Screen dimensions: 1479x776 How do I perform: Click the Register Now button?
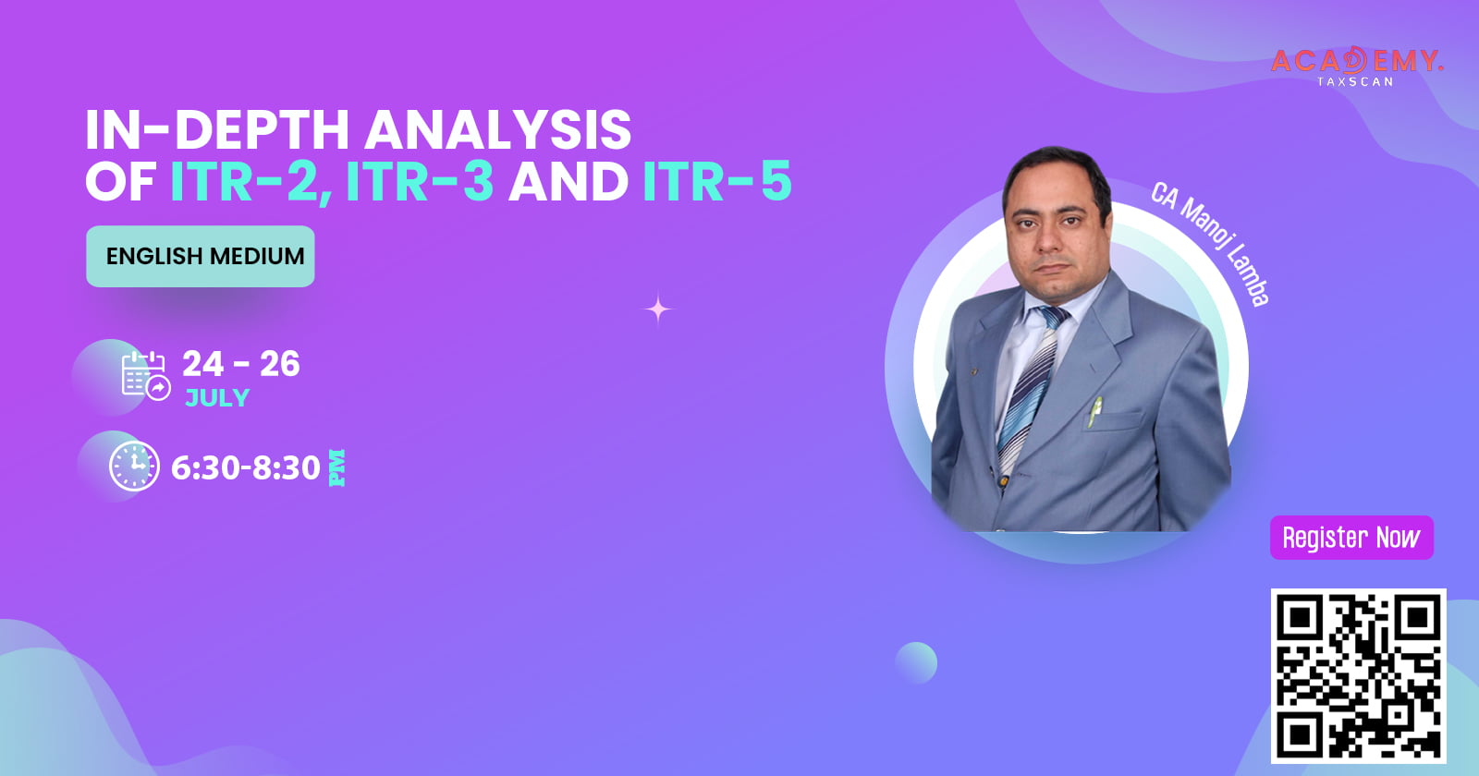(1351, 538)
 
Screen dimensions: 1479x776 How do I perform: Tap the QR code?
(1358, 675)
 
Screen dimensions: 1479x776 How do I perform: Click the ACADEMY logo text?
(1357, 61)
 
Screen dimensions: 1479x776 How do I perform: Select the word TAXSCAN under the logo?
(1355, 82)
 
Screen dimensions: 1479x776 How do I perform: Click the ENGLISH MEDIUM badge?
(200, 256)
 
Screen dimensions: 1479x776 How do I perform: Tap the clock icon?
(134, 466)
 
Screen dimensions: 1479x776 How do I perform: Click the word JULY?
(217, 398)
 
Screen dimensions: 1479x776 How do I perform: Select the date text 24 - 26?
(241, 364)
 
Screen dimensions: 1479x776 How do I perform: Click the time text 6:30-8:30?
(246, 467)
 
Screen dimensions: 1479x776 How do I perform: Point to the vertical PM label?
(336, 467)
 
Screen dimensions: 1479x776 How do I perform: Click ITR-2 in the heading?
(251, 181)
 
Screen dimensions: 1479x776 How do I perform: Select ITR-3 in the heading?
(420, 181)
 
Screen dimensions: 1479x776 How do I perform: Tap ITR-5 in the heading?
(717, 181)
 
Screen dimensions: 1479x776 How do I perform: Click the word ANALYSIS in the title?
(498, 129)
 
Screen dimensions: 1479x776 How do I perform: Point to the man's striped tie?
(1032, 389)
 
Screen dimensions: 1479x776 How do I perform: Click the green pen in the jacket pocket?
(1094, 411)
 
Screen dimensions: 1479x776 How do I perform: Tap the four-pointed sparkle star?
(658, 309)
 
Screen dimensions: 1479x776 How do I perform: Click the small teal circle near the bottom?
(916, 662)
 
